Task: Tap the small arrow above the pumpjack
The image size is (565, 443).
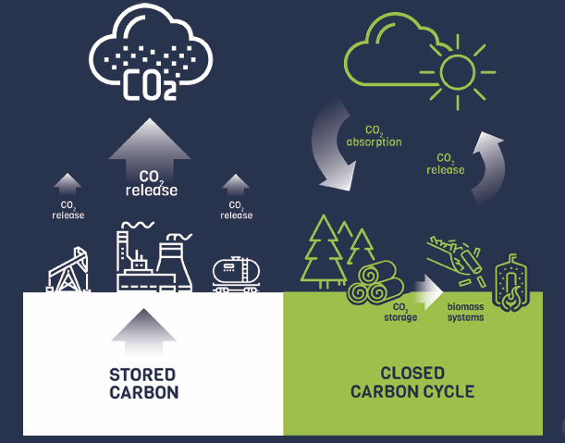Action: pyautogui.click(x=68, y=183)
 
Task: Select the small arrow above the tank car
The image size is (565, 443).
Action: pyautogui.click(x=236, y=183)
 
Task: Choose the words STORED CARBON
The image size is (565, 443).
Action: pyautogui.click(x=143, y=383)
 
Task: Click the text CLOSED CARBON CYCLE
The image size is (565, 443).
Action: pyautogui.click(x=411, y=383)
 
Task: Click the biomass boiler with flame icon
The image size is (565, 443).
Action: pyautogui.click(x=510, y=283)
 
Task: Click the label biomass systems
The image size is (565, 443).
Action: pyautogui.click(x=464, y=312)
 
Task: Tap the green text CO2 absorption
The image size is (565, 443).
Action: pyautogui.click(x=374, y=137)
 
